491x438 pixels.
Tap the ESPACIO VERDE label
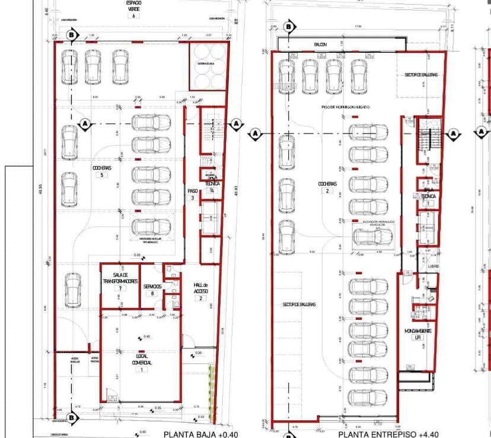134,6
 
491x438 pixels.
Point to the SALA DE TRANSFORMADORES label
120,278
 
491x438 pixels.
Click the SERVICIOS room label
152,285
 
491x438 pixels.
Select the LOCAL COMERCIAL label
142,359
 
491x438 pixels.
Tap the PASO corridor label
192,191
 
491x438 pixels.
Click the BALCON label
321,45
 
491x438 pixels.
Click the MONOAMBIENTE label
417,330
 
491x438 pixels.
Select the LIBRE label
434,268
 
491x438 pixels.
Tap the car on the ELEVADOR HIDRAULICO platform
372,236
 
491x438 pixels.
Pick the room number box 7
120,288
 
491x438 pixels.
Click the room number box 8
152,293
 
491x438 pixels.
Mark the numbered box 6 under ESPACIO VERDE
134,15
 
